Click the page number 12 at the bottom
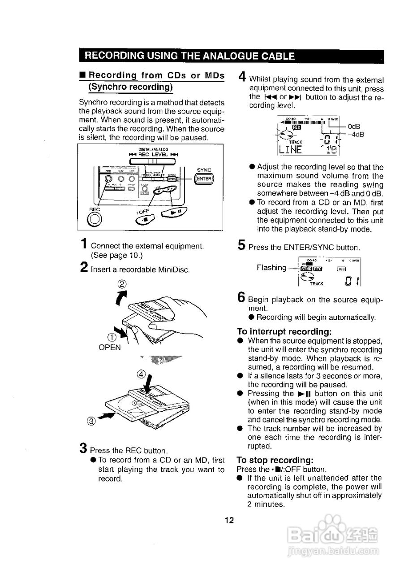point(229,520)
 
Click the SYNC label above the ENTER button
point(204,170)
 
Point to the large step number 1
point(84,244)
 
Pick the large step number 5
point(241,245)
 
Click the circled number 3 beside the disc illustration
point(92,421)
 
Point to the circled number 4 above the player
point(141,374)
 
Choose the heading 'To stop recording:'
point(275,461)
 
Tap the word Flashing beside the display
point(271,268)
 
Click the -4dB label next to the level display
point(357,134)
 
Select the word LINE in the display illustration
point(291,149)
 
